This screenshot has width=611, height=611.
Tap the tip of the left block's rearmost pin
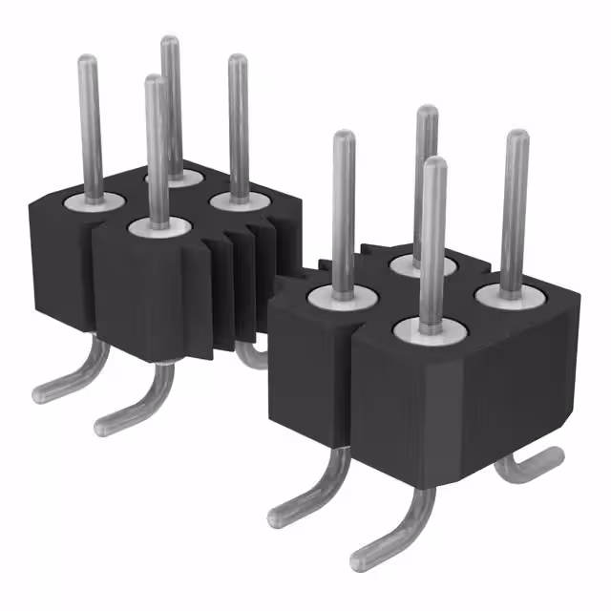coord(170,41)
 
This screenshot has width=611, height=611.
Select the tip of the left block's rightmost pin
coord(237,60)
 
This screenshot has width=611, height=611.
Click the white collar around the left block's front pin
coord(158,227)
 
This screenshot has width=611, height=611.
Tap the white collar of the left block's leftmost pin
coord(95,201)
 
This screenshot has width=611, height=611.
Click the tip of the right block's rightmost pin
coord(516,136)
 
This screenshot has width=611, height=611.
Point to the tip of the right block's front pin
coord(434,163)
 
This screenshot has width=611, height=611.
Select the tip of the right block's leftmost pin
coord(344,137)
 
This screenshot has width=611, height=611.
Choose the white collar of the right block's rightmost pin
coord(511,293)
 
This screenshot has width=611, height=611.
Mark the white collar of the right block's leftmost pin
coord(339,297)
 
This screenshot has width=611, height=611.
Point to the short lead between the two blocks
coord(252,357)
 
